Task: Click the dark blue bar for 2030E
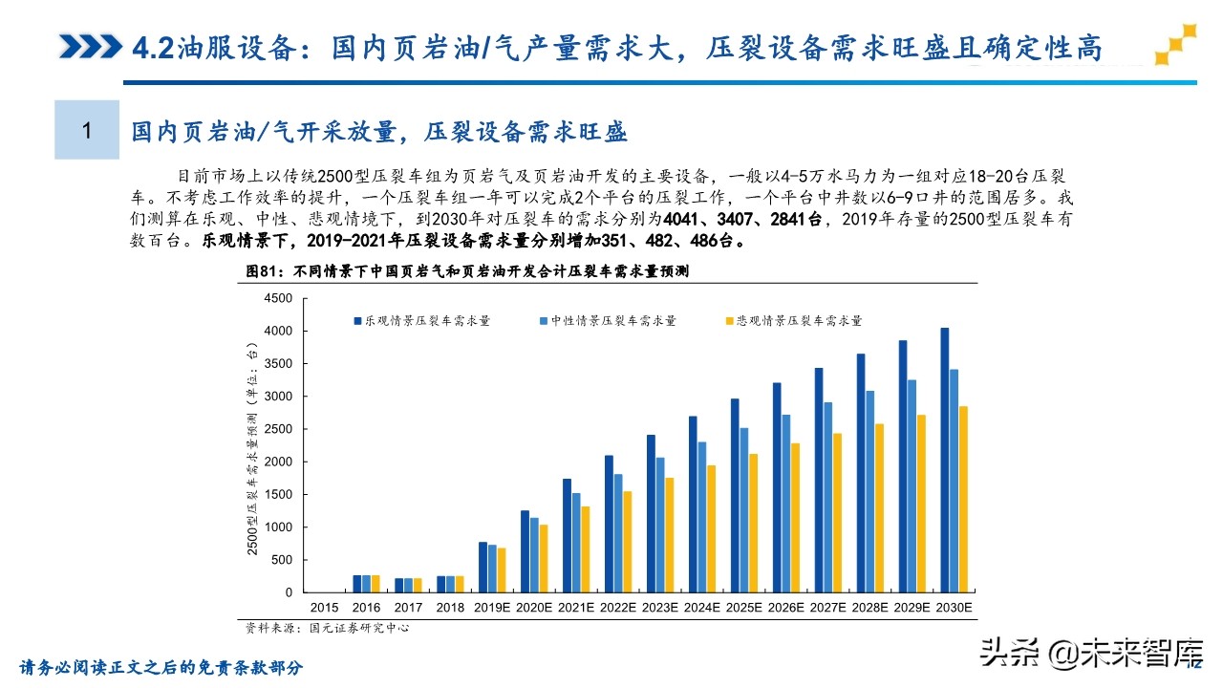944,460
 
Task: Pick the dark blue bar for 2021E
567,535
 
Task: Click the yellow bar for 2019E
502,570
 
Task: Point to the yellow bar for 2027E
838,512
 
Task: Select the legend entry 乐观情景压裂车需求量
420,321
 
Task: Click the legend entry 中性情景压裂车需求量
607,321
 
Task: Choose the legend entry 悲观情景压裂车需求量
792,321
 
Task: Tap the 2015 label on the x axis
324,608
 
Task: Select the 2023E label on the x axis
659,608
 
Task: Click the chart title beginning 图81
468,271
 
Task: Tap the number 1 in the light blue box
87,130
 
